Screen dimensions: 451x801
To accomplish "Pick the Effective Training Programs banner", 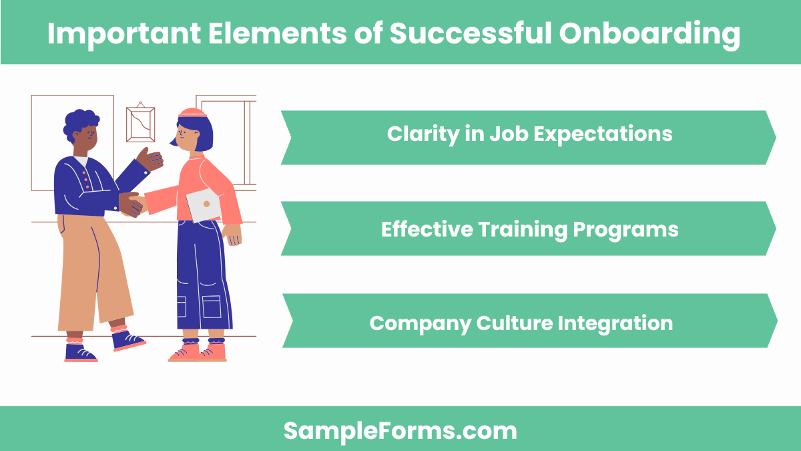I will tap(529, 229).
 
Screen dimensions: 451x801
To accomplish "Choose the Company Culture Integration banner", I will tap(529, 323).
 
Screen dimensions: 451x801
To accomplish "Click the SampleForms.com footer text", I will tap(400, 430).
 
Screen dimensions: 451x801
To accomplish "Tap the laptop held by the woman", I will tap(203, 204).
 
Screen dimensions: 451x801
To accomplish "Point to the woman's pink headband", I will tap(192, 113).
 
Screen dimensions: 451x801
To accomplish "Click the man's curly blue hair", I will tap(80, 124).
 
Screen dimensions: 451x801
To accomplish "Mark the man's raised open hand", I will tap(150, 160).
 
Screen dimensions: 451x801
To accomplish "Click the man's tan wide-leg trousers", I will tap(93, 267).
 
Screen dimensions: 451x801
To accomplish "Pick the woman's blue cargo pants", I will tap(202, 281).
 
